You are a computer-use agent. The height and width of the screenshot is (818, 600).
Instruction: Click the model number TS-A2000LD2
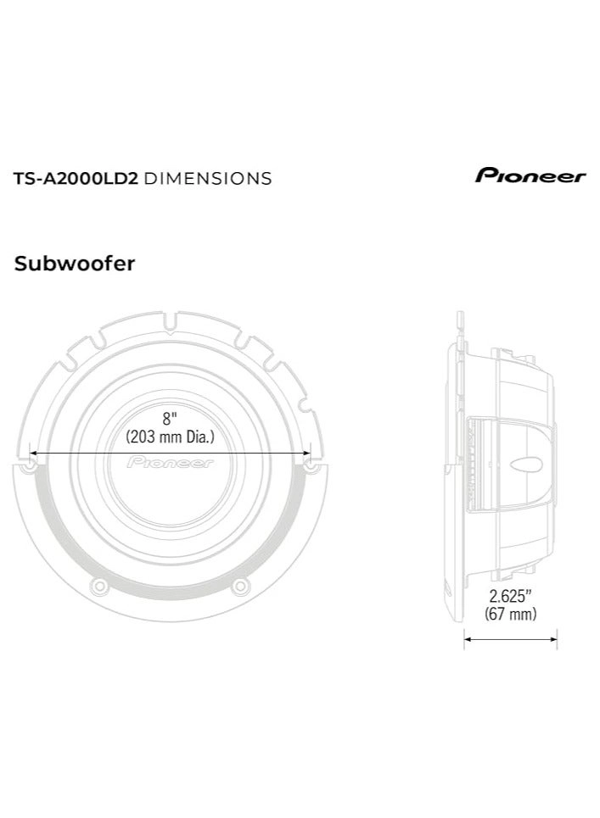pos(75,178)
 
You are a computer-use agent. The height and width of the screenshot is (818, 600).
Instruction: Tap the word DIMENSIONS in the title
pos(208,178)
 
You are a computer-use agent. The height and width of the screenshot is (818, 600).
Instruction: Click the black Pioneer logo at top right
pos(530,176)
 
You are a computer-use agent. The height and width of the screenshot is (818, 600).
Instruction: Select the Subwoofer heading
pos(75,264)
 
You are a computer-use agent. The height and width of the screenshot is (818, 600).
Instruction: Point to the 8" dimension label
pos(171,419)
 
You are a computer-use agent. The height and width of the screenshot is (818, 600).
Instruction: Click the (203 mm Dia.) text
pos(171,437)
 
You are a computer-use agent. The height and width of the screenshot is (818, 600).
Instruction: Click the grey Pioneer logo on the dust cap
pos(171,464)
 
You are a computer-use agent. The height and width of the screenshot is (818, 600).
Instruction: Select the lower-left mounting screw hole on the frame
pos(100,585)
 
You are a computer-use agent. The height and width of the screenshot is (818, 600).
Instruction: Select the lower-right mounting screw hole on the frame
pos(240,585)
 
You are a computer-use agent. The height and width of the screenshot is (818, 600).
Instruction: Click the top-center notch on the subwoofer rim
pos(171,321)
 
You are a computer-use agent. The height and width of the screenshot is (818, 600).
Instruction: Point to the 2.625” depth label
pos(510,596)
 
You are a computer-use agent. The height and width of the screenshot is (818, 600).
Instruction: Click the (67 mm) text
pos(510,615)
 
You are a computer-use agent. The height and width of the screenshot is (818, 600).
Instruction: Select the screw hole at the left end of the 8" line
pos(31,466)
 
